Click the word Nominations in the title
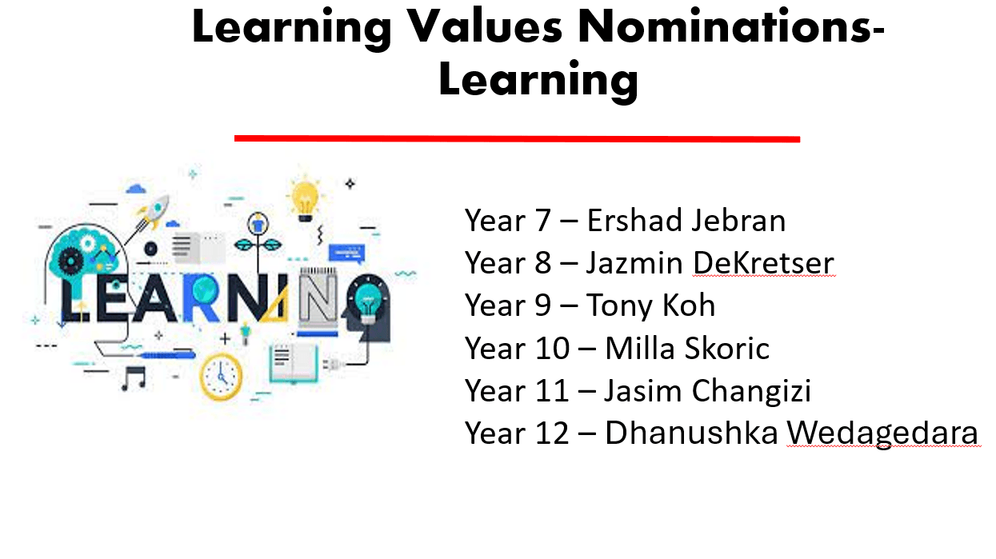point(731,26)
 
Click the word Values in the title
point(485,26)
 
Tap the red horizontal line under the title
point(517,138)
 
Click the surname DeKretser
point(763,262)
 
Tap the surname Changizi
point(752,392)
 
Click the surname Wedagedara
point(882,433)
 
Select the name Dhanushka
point(691,433)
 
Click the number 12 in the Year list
point(552,433)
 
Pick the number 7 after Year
point(543,221)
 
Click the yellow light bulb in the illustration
point(305,201)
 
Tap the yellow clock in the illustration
point(221,377)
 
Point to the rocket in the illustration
point(154,214)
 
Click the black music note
point(134,378)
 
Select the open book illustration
point(294,364)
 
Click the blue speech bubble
point(347,254)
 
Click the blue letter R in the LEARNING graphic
point(200,297)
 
